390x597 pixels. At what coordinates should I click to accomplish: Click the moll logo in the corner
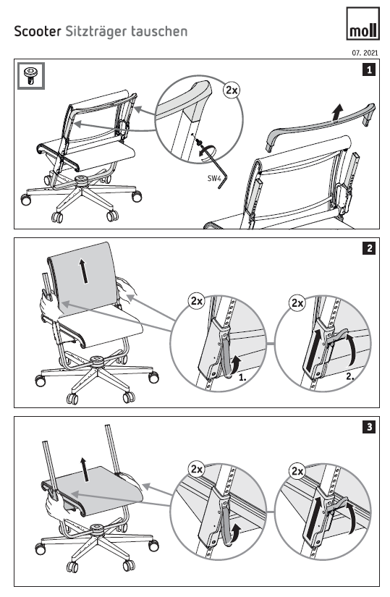(x=363, y=23)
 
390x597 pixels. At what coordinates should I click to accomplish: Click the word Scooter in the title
(x=38, y=31)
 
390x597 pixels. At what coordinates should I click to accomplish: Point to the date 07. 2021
(x=365, y=53)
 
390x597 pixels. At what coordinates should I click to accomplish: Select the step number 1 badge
(x=369, y=69)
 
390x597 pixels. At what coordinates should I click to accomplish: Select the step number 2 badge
(x=369, y=248)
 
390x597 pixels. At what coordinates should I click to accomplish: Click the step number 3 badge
(x=369, y=427)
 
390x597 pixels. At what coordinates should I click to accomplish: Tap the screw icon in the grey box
(x=31, y=76)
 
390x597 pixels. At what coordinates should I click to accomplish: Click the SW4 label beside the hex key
(x=213, y=178)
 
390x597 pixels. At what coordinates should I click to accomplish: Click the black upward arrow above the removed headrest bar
(x=336, y=113)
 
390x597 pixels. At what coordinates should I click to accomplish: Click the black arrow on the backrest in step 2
(x=84, y=271)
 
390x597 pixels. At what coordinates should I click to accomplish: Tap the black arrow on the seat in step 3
(x=85, y=470)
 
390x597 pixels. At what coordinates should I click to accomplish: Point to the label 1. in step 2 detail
(x=242, y=378)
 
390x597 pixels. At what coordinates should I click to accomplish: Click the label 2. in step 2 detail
(x=350, y=377)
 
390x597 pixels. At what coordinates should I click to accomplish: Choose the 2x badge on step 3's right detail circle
(x=297, y=471)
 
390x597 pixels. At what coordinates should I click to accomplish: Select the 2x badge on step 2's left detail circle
(x=197, y=301)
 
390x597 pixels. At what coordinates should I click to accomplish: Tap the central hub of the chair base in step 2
(x=96, y=360)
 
